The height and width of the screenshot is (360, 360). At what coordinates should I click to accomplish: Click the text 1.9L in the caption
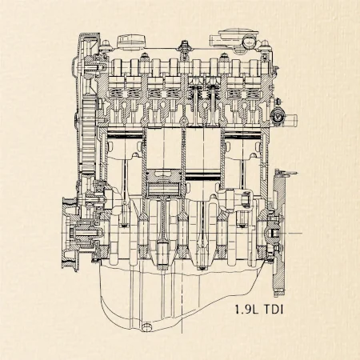(x=246, y=310)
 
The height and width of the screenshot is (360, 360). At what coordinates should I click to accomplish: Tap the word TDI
(x=274, y=310)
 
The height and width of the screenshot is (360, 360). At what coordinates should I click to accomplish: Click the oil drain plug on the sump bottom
(x=146, y=327)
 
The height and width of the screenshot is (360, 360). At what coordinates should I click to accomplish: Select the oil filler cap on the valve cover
(x=131, y=42)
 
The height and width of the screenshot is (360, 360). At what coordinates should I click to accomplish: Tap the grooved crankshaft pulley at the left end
(x=70, y=234)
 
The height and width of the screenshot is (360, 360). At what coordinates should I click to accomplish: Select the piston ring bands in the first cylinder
(x=125, y=135)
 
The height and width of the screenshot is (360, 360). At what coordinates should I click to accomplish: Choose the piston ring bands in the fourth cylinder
(x=242, y=135)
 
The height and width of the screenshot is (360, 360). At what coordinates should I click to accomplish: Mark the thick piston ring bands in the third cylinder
(x=202, y=177)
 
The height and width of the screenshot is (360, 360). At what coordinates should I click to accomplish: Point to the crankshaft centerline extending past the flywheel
(x=294, y=233)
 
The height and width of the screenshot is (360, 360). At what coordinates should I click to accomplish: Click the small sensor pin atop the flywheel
(x=290, y=174)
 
